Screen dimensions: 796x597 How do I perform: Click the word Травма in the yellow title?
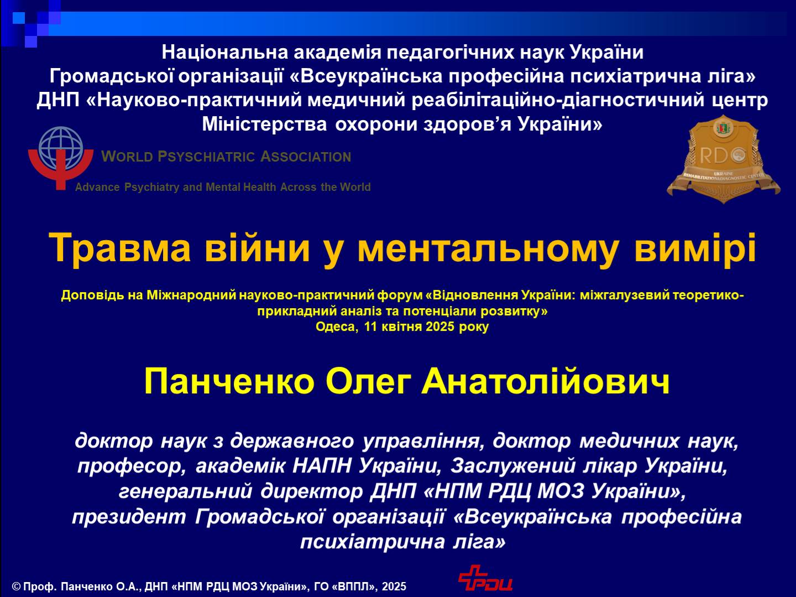(119, 248)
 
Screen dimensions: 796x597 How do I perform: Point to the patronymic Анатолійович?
(546, 381)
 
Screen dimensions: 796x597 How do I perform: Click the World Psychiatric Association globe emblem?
(61, 158)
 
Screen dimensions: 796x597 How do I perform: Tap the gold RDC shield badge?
(724, 159)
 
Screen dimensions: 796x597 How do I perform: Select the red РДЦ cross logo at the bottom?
(485, 579)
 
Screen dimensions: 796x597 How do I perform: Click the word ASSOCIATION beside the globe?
(306, 157)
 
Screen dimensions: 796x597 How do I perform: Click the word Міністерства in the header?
(264, 124)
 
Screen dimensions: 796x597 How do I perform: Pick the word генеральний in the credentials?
(185, 491)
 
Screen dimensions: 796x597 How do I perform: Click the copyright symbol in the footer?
(16, 586)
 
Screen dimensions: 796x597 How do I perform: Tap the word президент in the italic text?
(129, 517)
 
